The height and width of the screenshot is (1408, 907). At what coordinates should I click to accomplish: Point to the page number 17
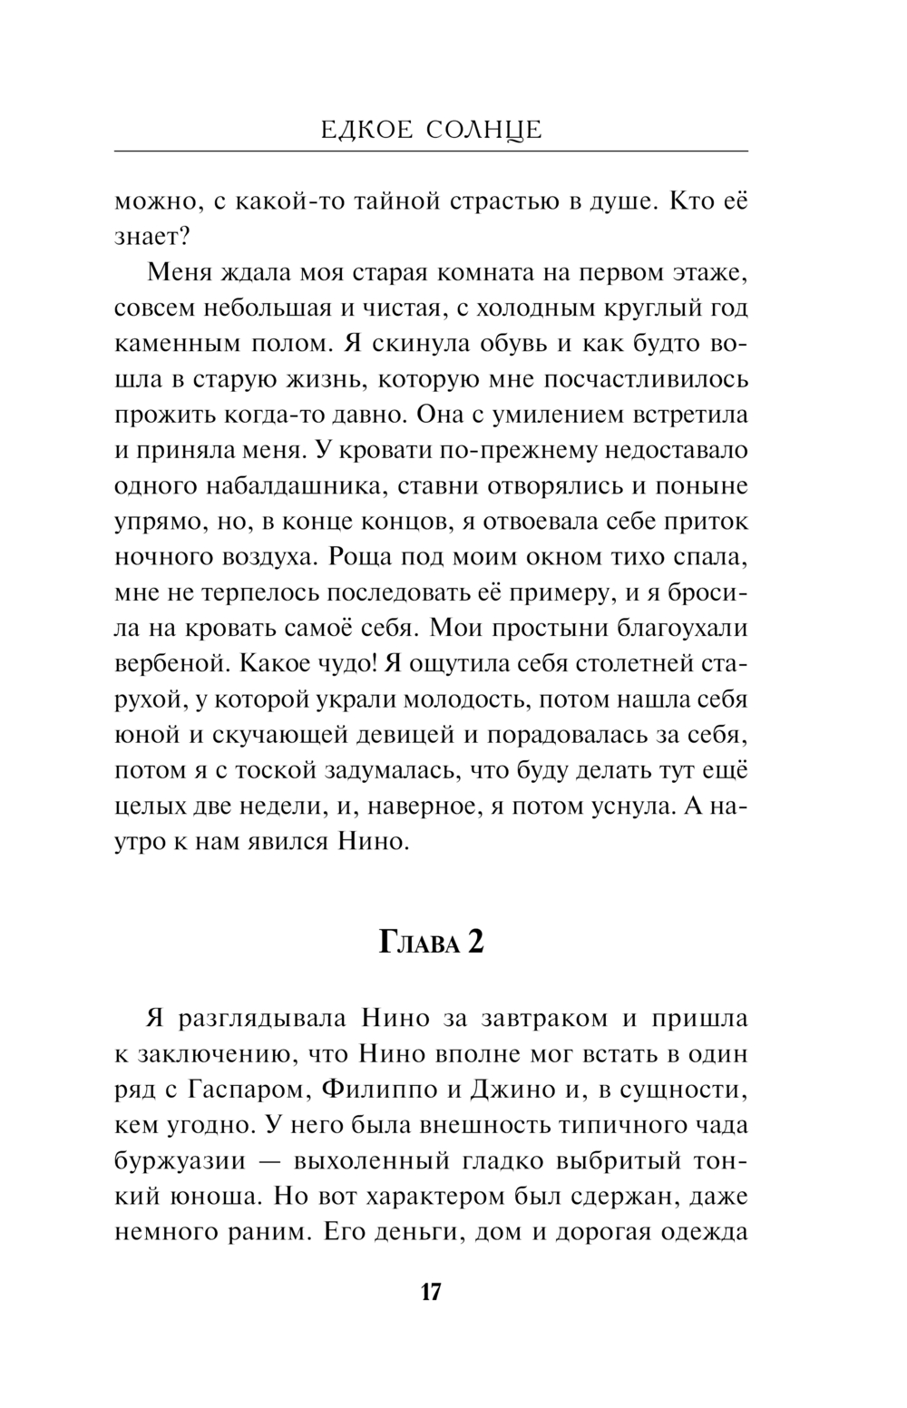coord(431,1292)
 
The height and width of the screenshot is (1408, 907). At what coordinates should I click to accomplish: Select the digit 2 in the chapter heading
coord(475,944)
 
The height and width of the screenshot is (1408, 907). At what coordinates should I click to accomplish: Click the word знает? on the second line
coord(151,238)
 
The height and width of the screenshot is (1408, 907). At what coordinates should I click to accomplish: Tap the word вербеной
coord(168,662)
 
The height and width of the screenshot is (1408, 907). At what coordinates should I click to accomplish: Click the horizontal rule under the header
coord(431,150)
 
